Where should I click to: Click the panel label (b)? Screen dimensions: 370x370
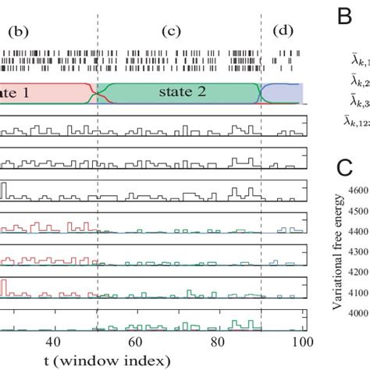[18, 34]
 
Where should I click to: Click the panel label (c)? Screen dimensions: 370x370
[170, 34]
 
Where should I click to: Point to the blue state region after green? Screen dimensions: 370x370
[286, 92]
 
